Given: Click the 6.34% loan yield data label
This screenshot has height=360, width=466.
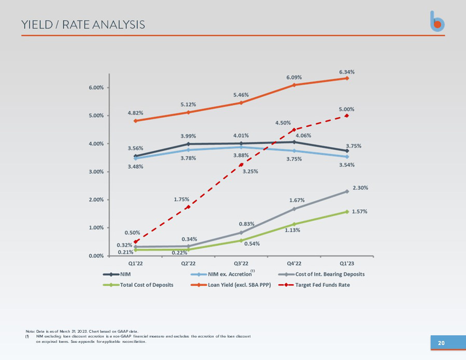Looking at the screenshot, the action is click(347, 72).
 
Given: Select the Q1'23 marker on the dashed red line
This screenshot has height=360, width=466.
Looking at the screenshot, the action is click(347, 116).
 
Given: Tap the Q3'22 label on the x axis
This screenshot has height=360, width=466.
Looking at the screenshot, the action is click(241, 264).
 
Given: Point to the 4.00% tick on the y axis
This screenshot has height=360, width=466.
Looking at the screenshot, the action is click(96, 144).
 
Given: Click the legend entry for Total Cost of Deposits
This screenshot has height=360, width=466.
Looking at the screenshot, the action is click(138, 285).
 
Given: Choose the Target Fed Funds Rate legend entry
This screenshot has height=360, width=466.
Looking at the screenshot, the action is click(314, 285).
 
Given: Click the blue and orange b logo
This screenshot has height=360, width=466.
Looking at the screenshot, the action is click(437, 21).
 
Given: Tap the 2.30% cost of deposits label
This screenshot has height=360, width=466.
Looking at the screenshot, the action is click(360, 188).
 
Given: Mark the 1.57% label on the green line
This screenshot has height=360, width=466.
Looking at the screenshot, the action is click(360, 211).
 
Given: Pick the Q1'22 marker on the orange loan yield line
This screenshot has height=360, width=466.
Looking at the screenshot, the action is click(135, 121).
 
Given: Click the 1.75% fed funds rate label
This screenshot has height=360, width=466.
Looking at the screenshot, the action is click(181, 199).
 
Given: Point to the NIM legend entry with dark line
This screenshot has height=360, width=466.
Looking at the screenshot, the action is click(117, 274).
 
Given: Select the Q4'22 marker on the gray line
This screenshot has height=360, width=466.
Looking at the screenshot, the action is click(294, 209).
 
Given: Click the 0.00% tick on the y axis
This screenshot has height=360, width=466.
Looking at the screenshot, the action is click(96, 256).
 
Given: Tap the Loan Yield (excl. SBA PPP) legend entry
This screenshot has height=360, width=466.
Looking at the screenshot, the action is click(231, 285).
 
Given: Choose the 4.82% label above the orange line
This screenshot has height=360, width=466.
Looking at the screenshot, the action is click(135, 113).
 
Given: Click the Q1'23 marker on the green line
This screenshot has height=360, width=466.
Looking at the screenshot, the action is click(347, 212).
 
